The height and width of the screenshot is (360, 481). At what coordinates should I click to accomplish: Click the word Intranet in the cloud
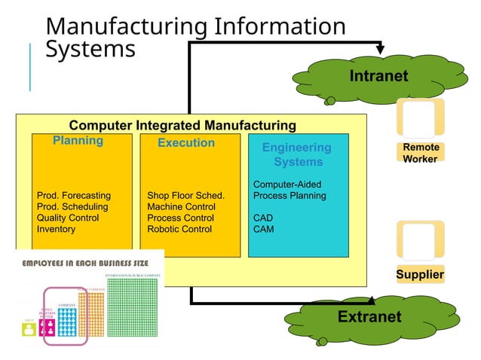click(x=378, y=76)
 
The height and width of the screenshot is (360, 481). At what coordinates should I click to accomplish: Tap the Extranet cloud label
click(x=369, y=316)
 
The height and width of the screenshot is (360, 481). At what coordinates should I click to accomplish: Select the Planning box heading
click(x=78, y=141)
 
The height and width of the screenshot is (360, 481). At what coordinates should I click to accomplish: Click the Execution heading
click(x=186, y=142)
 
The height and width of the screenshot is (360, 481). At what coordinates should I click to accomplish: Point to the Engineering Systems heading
click(x=297, y=154)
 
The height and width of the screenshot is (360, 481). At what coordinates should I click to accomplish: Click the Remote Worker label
click(x=421, y=153)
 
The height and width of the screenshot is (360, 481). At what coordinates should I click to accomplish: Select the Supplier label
click(x=420, y=275)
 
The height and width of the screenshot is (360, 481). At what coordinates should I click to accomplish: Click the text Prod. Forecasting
click(x=73, y=196)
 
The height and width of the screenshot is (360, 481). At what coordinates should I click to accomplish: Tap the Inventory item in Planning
click(x=56, y=229)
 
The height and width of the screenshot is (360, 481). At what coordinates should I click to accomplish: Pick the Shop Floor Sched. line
click(x=185, y=196)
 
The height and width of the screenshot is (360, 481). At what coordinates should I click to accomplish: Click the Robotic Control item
click(x=179, y=229)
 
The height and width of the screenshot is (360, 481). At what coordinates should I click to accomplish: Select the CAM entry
click(x=264, y=229)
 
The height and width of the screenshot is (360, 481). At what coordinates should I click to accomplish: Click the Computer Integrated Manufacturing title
click(x=182, y=125)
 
